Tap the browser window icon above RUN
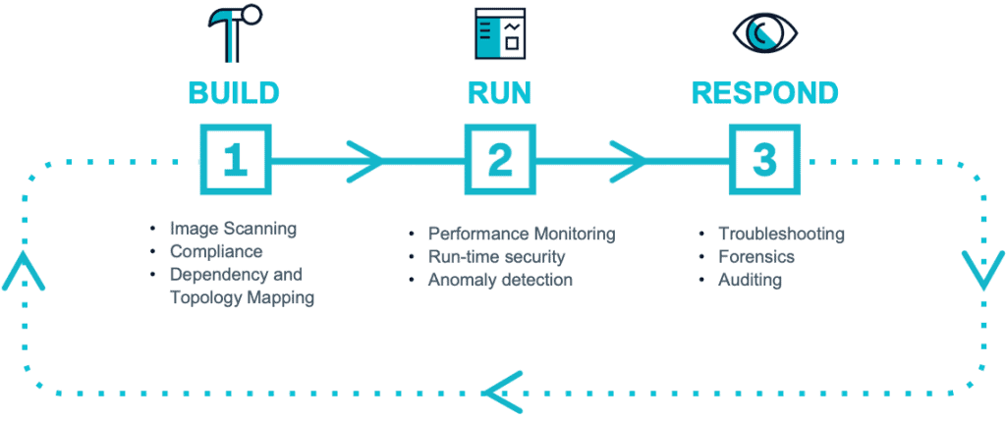click(x=499, y=32)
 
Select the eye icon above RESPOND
click(x=763, y=32)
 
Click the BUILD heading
click(x=234, y=93)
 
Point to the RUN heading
click(x=499, y=93)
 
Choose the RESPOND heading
click(x=764, y=93)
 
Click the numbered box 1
click(x=235, y=159)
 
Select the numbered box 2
click(x=499, y=159)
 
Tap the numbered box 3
click(x=764, y=159)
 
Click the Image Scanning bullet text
click(x=232, y=229)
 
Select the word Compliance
click(x=216, y=251)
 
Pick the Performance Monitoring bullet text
click(x=521, y=234)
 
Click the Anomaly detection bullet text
click(x=500, y=280)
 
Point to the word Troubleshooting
click(x=781, y=234)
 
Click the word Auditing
click(x=750, y=280)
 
